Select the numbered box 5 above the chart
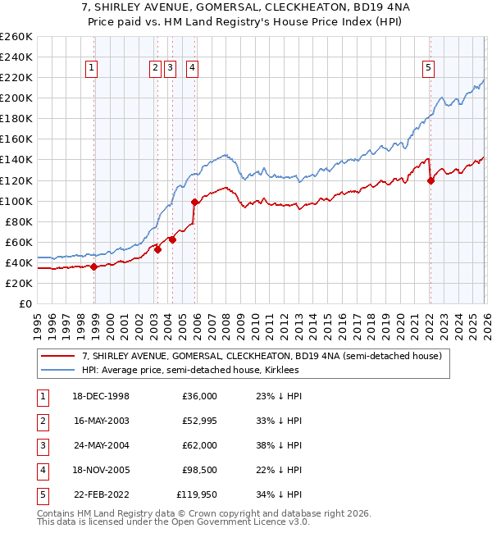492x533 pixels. coord(429,69)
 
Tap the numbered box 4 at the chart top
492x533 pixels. coord(191,69)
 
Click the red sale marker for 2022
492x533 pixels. coord(430,180)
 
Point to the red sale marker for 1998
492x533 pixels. coord(94,266)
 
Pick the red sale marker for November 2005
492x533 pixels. coord(194,202)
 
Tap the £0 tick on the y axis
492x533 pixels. coord(25,303)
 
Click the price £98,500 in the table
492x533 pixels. coord(199,471)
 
